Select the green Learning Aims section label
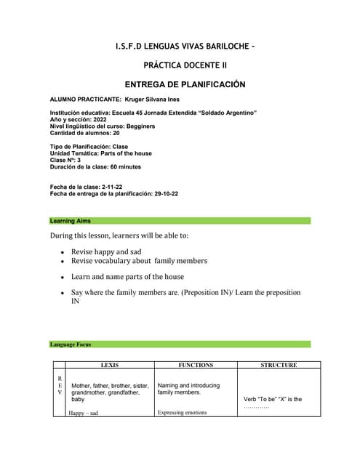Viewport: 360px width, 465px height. pyautogui.click(x=71, y=220)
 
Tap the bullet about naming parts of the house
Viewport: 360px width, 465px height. pyautogui.click(x=127, y=276)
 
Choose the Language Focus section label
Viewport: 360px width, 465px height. pyautogui.click(x=71, y=344)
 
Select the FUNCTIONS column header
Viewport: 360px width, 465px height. pyautogui.click(x=195, y=365)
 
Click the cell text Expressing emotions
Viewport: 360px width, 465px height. pyautogui.click(x=182, y=413)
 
